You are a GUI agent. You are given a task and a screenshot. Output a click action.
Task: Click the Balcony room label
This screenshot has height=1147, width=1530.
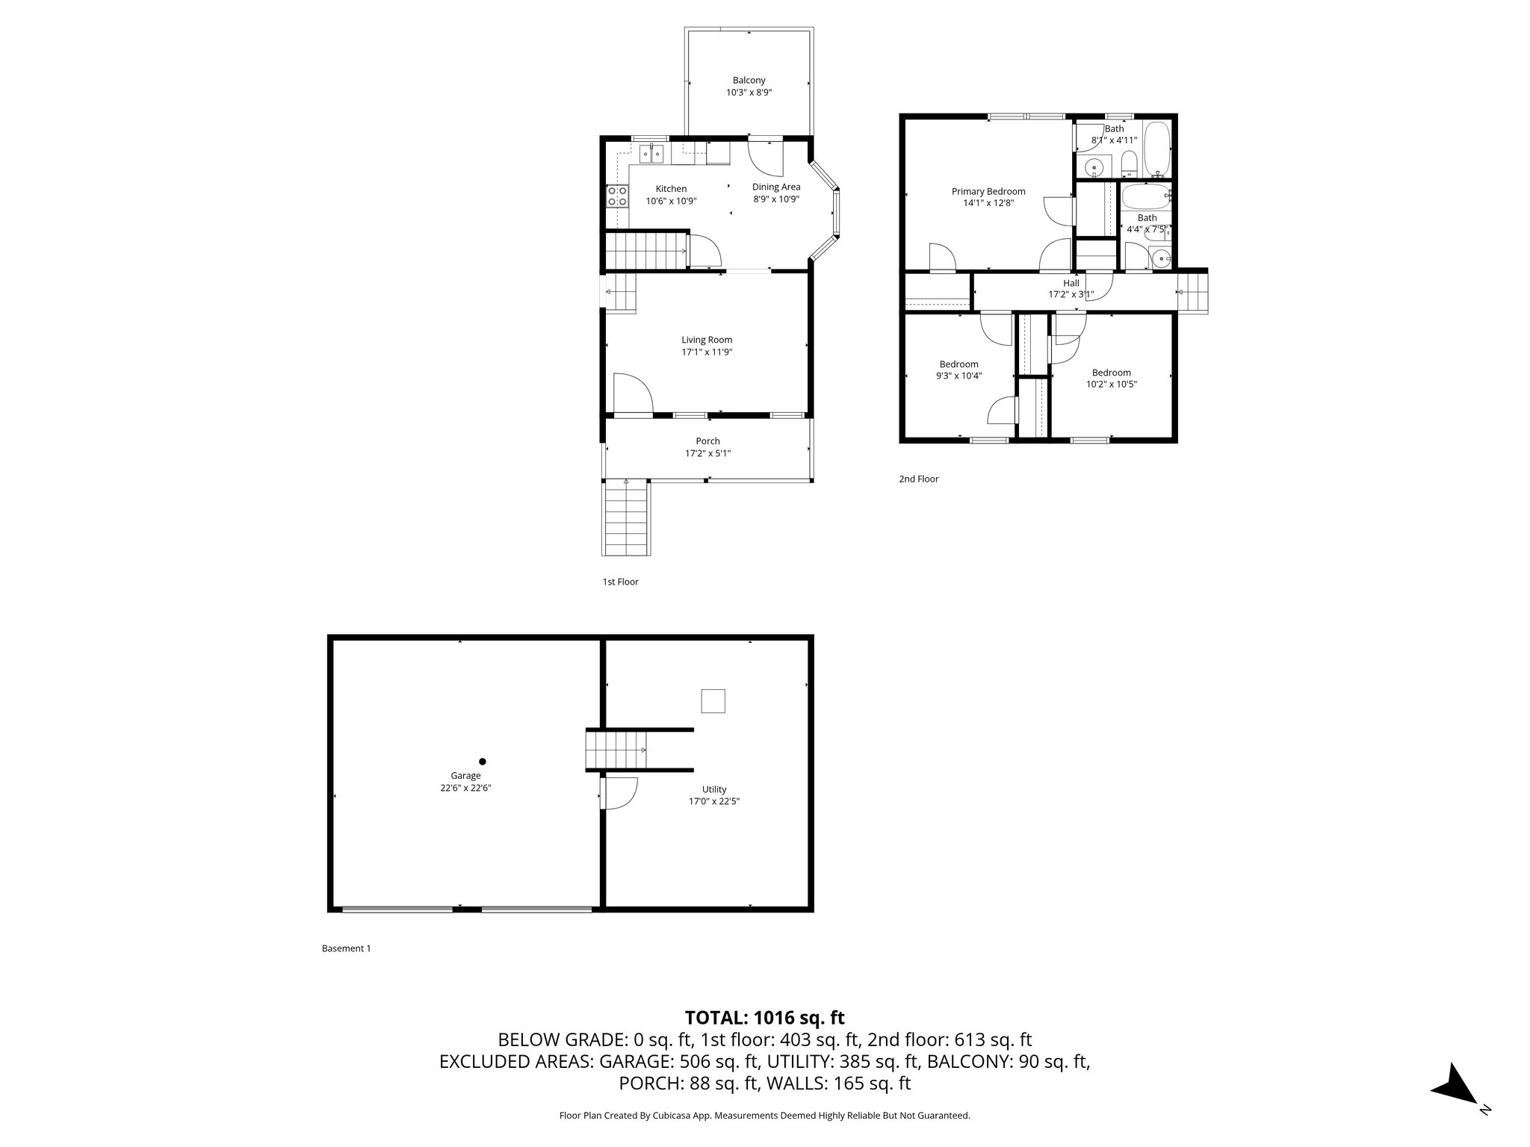point(749,81)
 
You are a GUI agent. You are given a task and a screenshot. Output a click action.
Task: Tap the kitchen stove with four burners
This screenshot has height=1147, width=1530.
point(617,196)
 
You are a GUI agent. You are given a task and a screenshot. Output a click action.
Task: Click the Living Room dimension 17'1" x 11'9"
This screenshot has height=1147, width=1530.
point(707,352)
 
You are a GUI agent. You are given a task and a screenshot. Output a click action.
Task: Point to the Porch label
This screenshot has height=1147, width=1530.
point(707,441)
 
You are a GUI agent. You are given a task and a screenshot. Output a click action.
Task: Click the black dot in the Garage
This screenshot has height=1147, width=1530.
point(483,762)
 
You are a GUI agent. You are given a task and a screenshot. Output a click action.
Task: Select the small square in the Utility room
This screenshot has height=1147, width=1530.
point(713,701)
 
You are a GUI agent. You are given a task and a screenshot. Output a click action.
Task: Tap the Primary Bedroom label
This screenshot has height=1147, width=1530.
point(988,191)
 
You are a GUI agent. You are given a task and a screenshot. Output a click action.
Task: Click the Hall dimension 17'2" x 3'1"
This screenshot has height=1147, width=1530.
point(1071,294)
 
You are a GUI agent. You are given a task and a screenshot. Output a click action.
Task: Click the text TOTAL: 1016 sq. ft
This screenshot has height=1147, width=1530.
point(764,1017)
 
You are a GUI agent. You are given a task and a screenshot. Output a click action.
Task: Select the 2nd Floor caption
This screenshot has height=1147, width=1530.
point(918,479)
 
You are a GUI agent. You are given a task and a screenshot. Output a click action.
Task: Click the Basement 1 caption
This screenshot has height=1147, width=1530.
point(346,948)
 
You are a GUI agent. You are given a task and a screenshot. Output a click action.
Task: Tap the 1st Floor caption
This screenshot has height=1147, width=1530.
point(620,582)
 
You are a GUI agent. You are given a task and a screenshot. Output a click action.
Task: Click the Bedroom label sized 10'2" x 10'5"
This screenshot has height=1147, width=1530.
point(1111,373)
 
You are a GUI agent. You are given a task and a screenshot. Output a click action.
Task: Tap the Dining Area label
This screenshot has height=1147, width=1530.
point(775,187)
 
